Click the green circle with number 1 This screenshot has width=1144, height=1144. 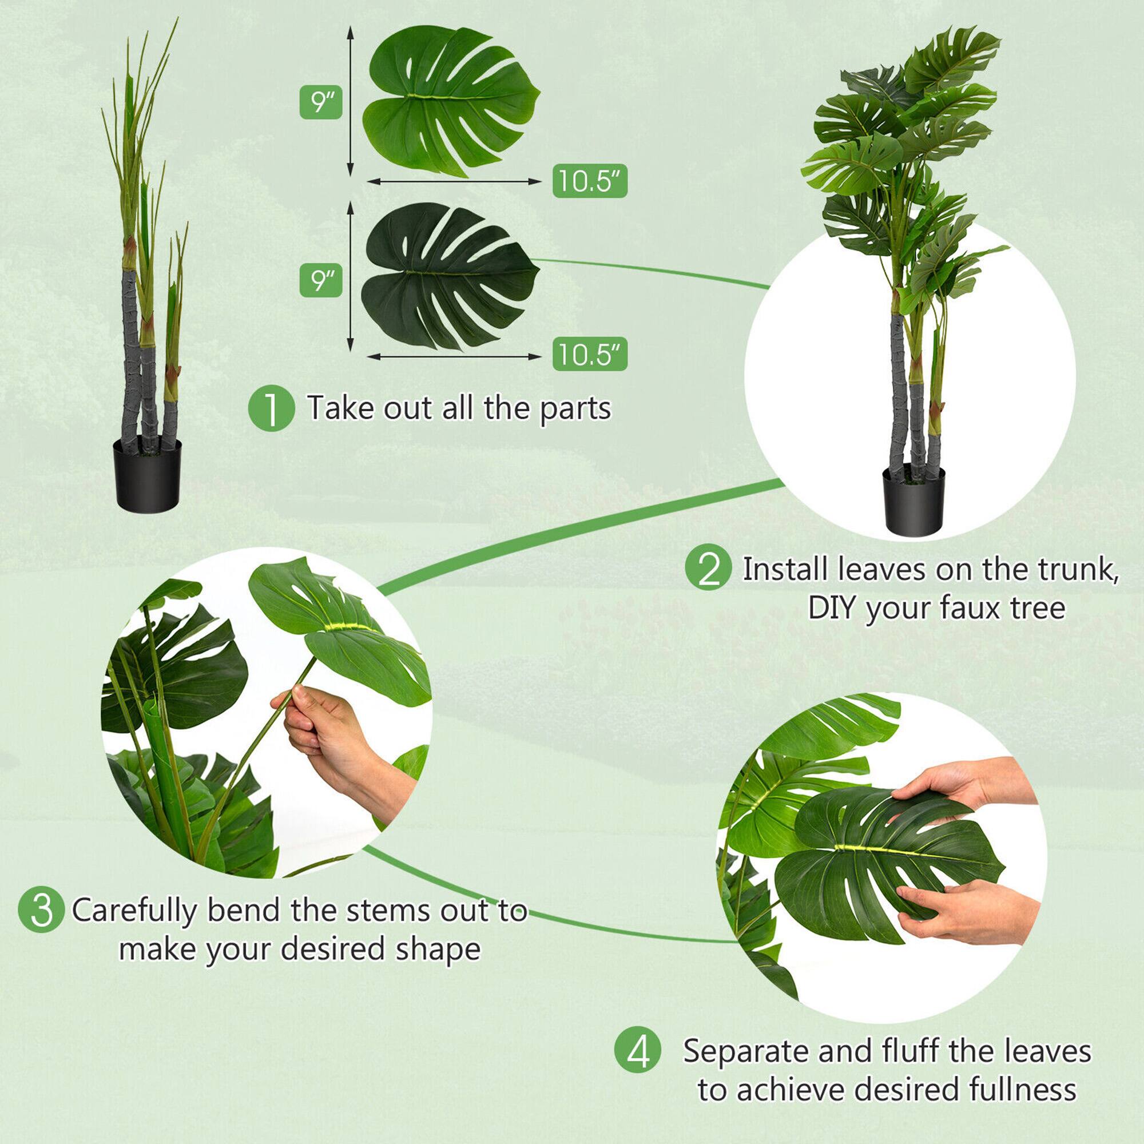pos(271,409)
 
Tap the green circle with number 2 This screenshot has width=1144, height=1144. pos(708,570)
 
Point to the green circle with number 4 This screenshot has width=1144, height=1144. pos(637,1052)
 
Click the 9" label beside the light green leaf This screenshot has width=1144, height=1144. pos(320,102)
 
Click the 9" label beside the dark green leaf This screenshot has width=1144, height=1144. pos(320,280)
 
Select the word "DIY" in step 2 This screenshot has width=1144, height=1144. pos(832,608)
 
